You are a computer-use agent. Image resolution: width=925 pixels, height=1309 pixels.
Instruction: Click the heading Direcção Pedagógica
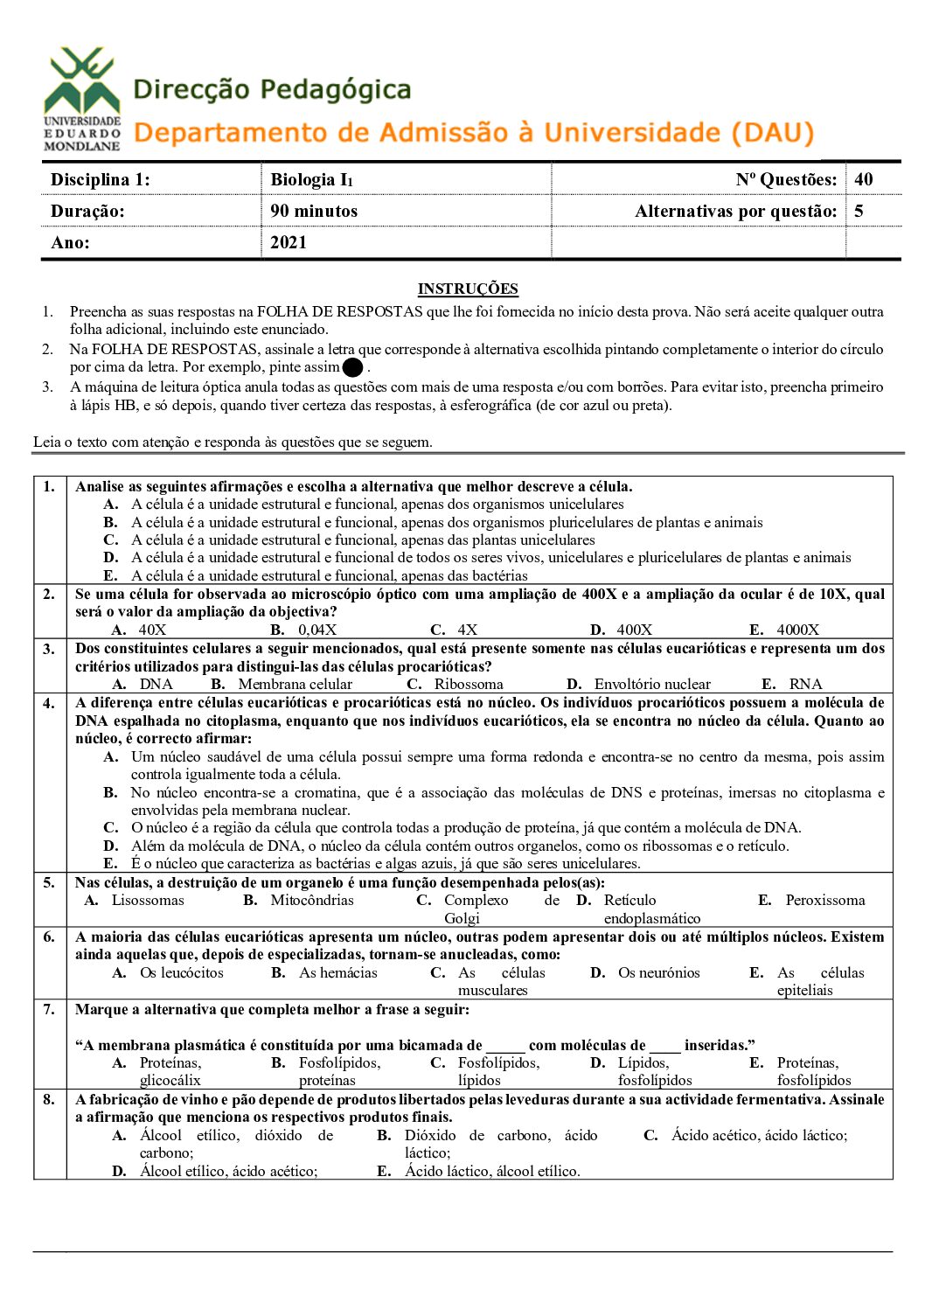(272, 90)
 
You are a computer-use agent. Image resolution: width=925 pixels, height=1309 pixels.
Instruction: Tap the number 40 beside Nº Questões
(864, 179)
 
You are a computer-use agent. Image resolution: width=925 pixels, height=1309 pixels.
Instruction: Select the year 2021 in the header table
(289, 242)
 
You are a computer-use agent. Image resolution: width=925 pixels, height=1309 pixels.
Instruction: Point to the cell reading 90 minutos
(314, 211)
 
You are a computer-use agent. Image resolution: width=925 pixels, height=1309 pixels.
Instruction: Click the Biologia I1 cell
(311, 179)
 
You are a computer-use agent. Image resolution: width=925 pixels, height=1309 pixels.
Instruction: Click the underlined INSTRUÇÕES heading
(468, 289)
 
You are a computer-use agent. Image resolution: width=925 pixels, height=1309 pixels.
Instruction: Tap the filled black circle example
(353, 368)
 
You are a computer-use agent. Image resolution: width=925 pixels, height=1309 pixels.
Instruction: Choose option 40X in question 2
(152, 630)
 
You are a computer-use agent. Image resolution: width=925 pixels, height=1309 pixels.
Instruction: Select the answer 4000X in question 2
(798, 630)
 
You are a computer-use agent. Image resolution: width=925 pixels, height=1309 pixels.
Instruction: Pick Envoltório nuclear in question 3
(652, 684)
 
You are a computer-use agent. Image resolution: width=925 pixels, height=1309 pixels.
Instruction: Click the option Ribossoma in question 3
(469, 684)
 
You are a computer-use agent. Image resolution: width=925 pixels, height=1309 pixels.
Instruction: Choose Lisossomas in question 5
(148, 900)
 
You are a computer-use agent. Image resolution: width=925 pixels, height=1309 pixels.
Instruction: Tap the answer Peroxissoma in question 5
(824, 900)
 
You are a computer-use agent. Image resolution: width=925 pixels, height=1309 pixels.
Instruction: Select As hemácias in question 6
(338, 972)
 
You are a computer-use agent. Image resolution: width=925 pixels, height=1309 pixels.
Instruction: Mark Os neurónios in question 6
(658, 972)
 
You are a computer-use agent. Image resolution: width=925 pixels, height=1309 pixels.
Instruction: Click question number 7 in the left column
(49, 1009)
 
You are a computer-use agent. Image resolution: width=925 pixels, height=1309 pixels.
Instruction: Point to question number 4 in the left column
(49, 703)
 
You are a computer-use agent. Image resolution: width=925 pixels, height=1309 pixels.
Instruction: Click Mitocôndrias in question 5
(312, 900)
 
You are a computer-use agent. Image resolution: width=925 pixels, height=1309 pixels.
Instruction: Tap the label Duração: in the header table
(87, 211)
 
